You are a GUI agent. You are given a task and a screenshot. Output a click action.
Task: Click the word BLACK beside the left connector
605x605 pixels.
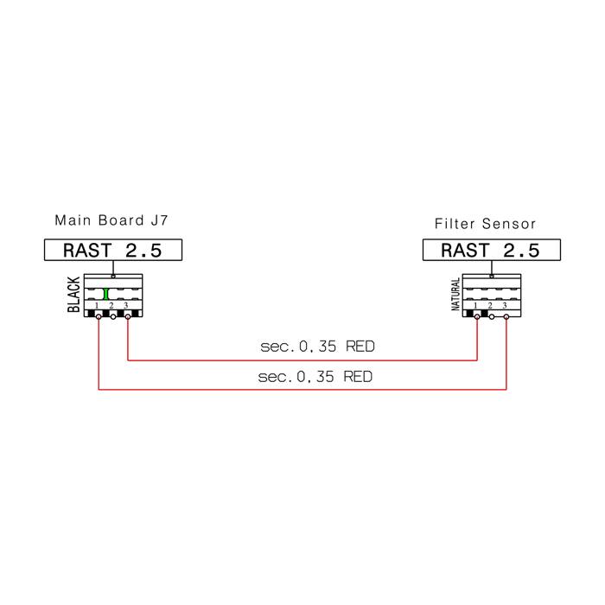(x=73, y=295)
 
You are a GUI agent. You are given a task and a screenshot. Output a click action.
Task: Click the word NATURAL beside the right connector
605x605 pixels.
(x=455, y=294)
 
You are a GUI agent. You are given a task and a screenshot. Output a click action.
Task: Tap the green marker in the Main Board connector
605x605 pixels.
(x=105, y=294)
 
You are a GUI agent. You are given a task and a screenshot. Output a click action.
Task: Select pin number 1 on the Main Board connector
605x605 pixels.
(x=97, y=306)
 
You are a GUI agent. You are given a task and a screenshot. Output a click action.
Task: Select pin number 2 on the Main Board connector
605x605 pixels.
(x=111, y=306)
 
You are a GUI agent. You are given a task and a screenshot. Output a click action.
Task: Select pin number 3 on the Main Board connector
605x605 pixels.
(x=126, y=306)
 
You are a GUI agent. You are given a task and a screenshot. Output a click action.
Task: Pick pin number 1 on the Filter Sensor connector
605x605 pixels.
(x=475, y=306)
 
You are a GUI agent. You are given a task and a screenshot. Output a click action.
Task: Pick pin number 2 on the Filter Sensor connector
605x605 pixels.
(x=490, y=306)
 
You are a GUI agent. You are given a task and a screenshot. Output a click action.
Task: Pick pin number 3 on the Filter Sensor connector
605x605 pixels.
(x=504, y=306)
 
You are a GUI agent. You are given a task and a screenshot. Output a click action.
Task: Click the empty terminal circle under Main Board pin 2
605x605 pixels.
(x=113, y=317)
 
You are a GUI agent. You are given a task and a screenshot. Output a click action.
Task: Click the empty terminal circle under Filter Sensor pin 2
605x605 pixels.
(x=492, y=317)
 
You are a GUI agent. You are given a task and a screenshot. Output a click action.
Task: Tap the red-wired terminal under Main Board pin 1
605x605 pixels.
(x=99, y=317)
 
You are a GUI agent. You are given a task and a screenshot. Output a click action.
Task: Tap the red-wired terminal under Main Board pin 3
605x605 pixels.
(x=128, y=317)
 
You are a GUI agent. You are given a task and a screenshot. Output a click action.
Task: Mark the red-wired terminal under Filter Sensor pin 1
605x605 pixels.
(x=477, y=317)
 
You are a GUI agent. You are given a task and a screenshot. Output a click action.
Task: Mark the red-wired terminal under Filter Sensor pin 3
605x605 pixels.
(x=506, y=317)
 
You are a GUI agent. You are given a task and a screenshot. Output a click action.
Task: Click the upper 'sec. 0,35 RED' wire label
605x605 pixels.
(x=317, y=346)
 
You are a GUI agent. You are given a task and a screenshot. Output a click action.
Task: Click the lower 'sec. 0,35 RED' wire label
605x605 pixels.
(x=315, y=376)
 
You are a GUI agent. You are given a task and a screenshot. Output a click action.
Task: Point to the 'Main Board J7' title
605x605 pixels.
(x=111, y=220)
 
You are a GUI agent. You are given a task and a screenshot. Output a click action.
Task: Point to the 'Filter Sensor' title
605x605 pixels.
(x=485, y=224)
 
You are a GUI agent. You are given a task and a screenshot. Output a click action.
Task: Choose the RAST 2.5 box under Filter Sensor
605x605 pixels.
(x=492, y=250)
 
